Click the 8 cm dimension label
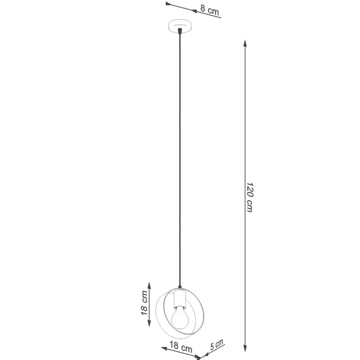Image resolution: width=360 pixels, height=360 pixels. pyautogui.click(x=209, y=11)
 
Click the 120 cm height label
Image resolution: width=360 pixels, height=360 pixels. pyautogui.click(x=249, y=197)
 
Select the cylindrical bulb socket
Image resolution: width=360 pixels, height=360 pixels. pyautogui.click(x=179, y=299)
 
